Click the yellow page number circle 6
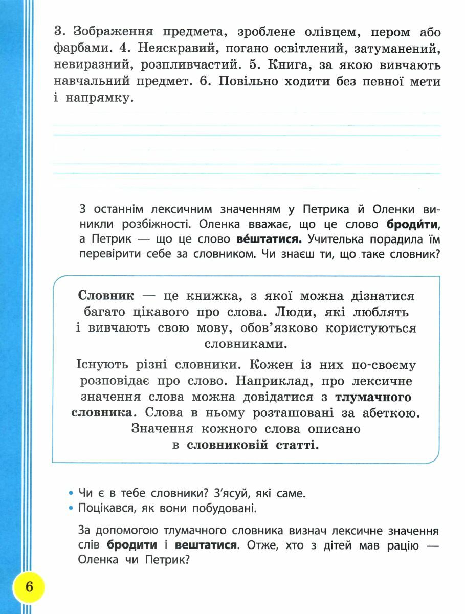coord(29,586)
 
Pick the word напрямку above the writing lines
coord(99,98)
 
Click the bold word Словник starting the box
coord(106,296)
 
